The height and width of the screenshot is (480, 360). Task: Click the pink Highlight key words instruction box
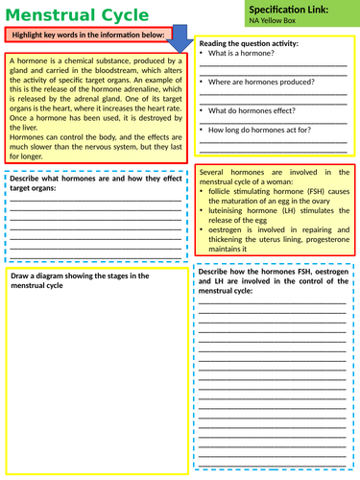pyautogui.click(x=87, y=36)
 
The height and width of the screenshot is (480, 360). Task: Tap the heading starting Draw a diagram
pyautogui.click(x=80, y=276)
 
